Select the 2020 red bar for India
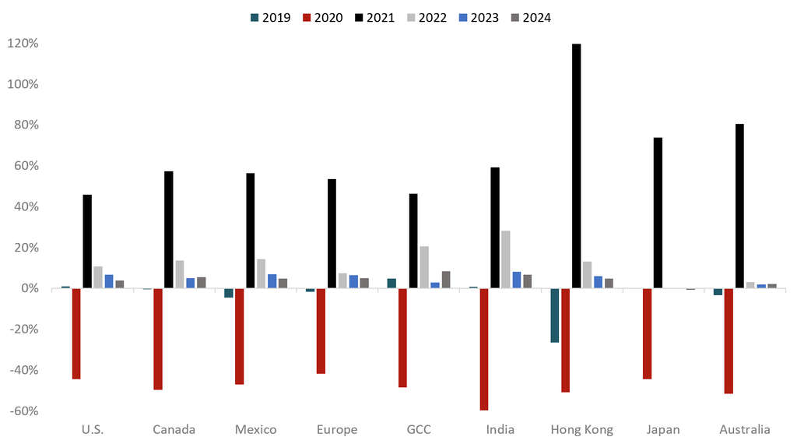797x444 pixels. pyautogui.click(x=484, y=349)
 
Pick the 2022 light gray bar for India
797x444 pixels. pyautogui.click(x=506, y=259)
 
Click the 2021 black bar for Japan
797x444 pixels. pyautogui.click(x=658, y=213)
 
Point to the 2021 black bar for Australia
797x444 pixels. pyautogui.click(x=739, y=206)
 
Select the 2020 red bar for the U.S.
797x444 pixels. pyautogui.click(x=76, y=333)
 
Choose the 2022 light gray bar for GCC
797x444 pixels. pyautogui.click(x=424, y=267)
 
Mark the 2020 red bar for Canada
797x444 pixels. pyautogui.click(x=158, y=339)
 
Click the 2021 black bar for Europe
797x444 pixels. pyautogui.click(x=332, y=234)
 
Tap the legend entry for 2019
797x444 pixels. pyautogui.click(x=269, y=17)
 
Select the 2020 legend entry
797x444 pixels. pyautogui.click(x=321, y=17)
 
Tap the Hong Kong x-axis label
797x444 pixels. pyautogui.click(x=581, y=429)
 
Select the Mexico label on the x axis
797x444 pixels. pyautogui.click(x=256, y=429)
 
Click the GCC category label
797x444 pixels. pyautogui.click(x=419, y=429)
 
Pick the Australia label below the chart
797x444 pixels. pyautogui.click(x=745, y=429)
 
